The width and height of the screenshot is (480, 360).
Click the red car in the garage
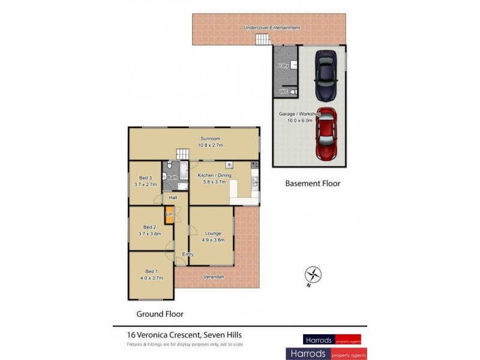(x=326, y=135)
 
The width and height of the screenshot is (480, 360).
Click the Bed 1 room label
(x=151, y=271)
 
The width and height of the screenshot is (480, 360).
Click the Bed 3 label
(x=145, y=178)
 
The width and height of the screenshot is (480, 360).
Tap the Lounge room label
(x=213, y=233)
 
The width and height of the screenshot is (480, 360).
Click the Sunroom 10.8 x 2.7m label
(x=211, y=142)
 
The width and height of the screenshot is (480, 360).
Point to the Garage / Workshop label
(x=300, y=113)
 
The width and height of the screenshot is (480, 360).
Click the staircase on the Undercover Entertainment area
(x=263, y=40)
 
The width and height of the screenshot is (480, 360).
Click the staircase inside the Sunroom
(x=182, y=155)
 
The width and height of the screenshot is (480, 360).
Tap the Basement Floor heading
(x=313, y=184)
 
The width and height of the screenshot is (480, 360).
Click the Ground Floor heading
(x=160, y=314)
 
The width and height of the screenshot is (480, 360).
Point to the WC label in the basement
(x=284, y=91)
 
